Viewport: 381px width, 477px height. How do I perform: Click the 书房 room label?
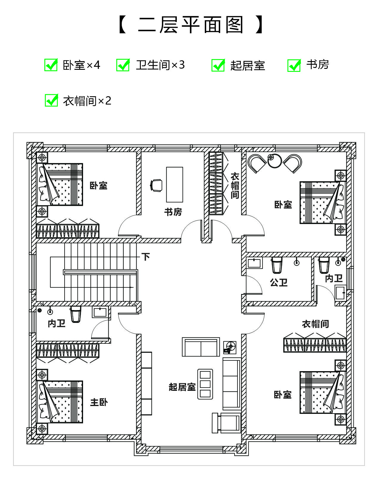(173, 212)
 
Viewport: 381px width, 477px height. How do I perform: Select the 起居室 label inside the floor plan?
(182, 387)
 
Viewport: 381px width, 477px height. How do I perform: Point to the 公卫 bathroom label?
(279, 283)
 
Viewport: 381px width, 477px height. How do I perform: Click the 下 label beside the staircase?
(146, 257)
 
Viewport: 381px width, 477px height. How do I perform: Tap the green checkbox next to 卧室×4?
(51, 65)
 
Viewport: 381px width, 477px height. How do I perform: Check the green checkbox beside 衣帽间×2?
(51, 100)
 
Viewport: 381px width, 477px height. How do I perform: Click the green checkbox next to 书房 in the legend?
(294, 65)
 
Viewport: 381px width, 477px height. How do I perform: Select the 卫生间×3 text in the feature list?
(160, 65)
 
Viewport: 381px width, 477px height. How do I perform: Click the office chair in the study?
(156, 185)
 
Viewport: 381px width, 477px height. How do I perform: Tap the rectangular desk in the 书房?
(174, 185)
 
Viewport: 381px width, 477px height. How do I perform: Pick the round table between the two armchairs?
(274, 161)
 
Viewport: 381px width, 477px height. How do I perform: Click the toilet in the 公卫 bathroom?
(277, 265)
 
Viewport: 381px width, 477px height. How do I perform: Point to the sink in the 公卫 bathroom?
(254, 263)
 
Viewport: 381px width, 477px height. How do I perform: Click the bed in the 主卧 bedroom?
(60, 402)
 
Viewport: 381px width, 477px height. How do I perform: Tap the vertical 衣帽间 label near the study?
(235, 186)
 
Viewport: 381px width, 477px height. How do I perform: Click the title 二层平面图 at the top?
(190, 25)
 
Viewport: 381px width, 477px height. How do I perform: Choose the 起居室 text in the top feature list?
(248, 66)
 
